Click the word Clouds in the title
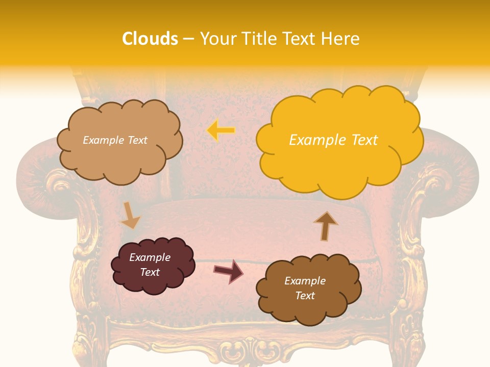tap(150, 39)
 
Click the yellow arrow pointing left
tap(221, 130)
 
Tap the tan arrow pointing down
tap(130, 215)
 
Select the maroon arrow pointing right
tap(228, 271)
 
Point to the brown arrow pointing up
tap(325, 226)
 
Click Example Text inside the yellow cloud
tap(333, 140)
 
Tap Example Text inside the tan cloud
tap(115, 140)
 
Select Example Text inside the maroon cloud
tap(150, 265)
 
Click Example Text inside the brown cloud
tap(305, 288)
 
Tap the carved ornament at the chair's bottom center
tap(245, 352)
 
